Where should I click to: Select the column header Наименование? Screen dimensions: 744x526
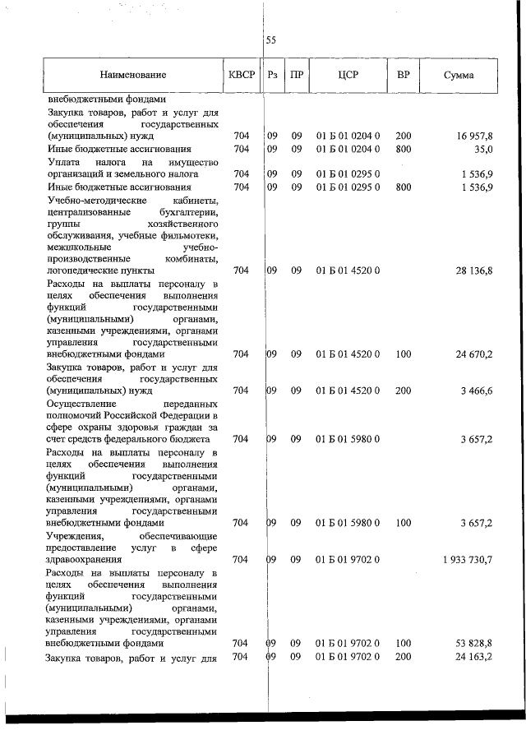pyautogui.click(x=134, y=76)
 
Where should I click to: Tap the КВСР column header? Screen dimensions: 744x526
pyautogui.click(x=241, y=76)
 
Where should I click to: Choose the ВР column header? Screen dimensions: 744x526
pyautogui.click(x=403, y=76)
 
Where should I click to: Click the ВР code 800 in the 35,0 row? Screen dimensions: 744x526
pyautogui.click(x=403, y=149)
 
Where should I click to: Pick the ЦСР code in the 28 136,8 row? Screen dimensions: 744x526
pyautogui.click(x=348, y=270)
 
